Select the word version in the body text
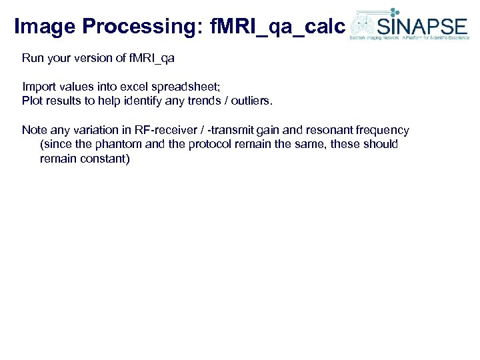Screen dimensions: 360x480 pyautogui.click(x=89, y=58)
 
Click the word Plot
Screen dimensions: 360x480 pyautogui.click(x=32, y=101)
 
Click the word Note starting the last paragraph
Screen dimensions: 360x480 pyautogui.click(x=34, y=130)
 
